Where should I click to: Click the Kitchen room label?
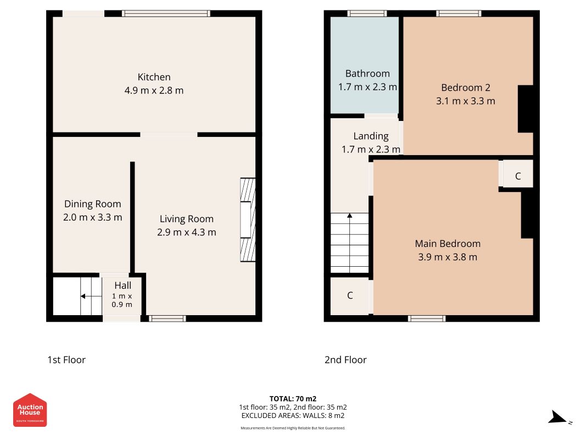154,77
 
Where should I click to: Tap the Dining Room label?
93,204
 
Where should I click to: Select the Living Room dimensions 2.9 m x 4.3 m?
187,232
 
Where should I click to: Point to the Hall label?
122,285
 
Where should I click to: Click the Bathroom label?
367,74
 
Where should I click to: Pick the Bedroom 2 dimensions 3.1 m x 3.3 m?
465,101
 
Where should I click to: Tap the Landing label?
371,136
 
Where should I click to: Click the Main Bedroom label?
448,244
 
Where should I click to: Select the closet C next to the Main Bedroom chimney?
517,176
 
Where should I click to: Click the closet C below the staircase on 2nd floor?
350,295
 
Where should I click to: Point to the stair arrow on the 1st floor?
91,296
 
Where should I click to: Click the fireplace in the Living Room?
247,219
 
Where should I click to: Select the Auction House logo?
30,410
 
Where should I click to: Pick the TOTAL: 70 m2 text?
293,399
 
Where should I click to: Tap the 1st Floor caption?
66,360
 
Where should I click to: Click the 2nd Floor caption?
345,360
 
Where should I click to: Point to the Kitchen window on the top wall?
166,13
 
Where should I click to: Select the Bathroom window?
367,13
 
